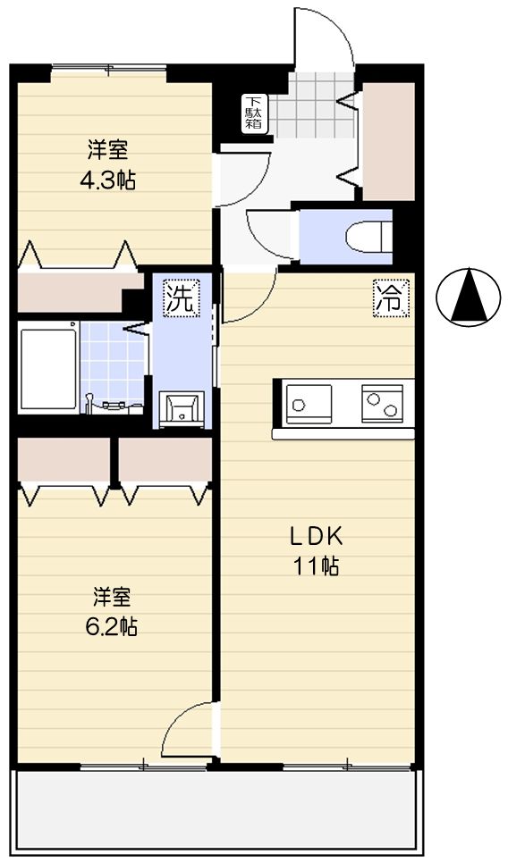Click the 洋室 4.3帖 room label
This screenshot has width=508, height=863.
pos(106,163)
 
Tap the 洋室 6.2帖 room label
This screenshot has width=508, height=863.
pos(110,610)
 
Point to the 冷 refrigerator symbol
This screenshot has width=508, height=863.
pos(389,298)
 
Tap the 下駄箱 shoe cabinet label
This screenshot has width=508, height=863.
pos(255,113)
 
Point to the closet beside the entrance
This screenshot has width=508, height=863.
pos(388,140)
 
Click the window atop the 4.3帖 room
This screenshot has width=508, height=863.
pos(108,67)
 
